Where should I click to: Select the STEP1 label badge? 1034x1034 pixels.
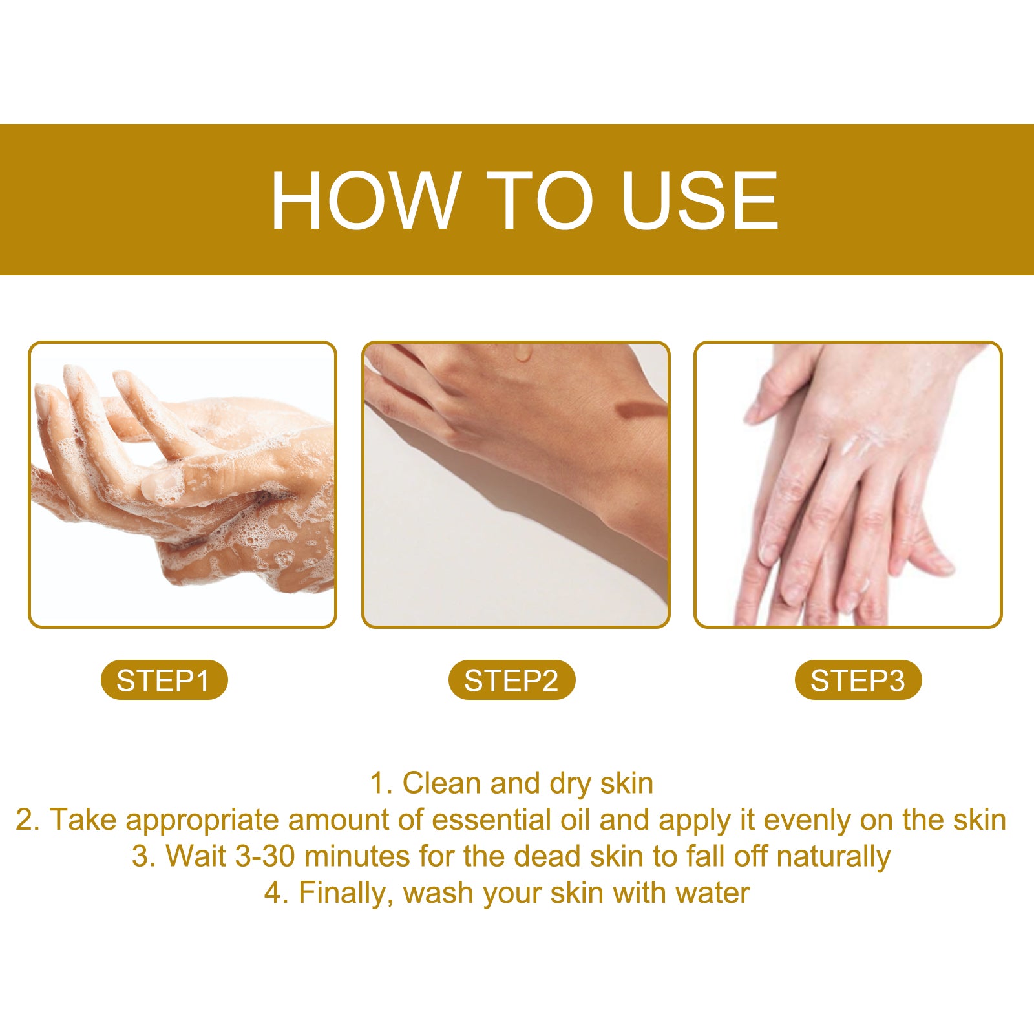pyautogui.click(x=164, y=681)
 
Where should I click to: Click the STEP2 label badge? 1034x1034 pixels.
pyautogui.click(x=511, y=681)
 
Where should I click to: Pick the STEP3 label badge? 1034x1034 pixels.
pyautogui.click(x=858, y=681)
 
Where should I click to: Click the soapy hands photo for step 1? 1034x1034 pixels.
pyautogui.click(x=182, y=485)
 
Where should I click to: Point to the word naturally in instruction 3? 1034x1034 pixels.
pyautogui.click(x=833, y=857)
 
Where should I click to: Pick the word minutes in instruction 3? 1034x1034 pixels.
pyautogui.click(x=357, y=857)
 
